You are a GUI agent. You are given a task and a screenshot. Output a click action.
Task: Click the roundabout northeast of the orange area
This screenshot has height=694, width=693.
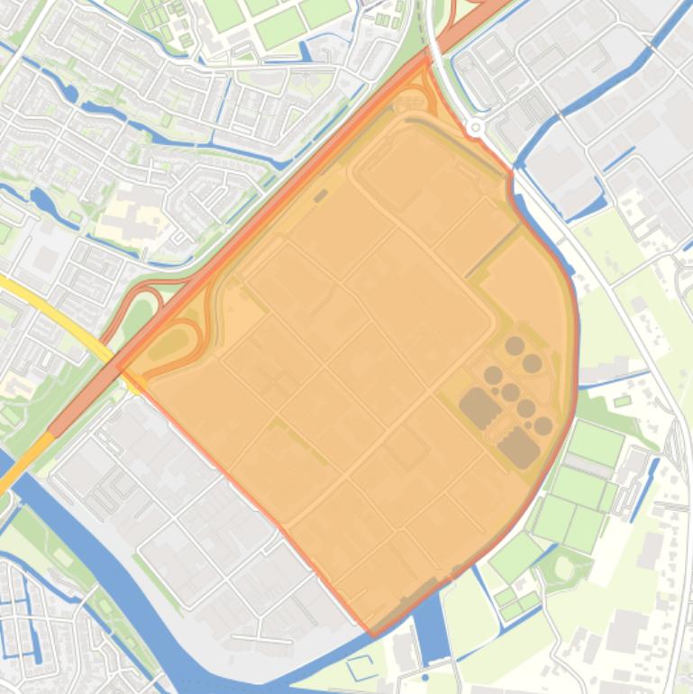coord(475,128)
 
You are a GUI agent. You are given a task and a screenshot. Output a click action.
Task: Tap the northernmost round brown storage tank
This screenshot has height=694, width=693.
coord(515,345)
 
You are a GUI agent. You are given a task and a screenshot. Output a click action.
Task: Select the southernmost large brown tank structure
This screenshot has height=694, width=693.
coord(519,447)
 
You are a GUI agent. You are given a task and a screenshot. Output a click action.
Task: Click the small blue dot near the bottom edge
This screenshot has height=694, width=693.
coord(425,677)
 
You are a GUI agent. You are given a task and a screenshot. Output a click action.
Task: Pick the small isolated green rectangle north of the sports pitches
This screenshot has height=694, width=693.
coord(623,400)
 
